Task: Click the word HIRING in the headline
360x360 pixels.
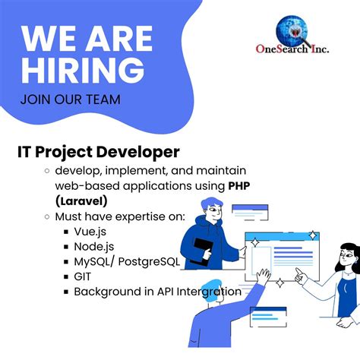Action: (x=83, y=70)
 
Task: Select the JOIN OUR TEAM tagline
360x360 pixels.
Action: (x=71, y=99)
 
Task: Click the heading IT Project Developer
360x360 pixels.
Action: (x=99, y=152)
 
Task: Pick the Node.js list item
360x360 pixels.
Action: (x=93, y=247)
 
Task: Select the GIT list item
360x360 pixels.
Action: (x=83, y=276)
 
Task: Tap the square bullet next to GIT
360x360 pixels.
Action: (x=66, y=277)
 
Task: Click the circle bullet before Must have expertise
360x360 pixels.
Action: (x=47, y=216)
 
